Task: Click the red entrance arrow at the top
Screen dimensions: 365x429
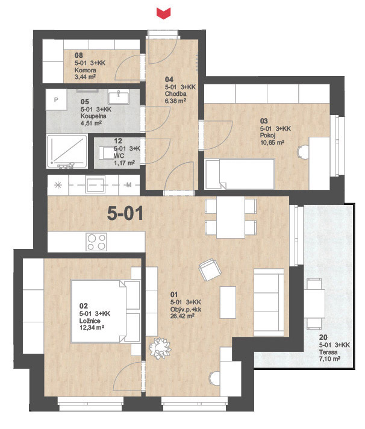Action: click(163, 13)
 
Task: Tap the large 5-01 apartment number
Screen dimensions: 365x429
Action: click(125, 213)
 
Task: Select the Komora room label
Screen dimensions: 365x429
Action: click(86, 70)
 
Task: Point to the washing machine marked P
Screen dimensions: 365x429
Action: click(57, 99)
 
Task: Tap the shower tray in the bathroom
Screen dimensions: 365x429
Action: click(67, 151)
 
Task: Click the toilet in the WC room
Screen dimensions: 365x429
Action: click(105, 153)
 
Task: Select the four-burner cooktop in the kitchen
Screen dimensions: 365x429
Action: click(96, 242)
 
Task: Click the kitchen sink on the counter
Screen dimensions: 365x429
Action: click(95, 184)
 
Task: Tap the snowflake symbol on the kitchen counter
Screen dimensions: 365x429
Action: click(58, 185)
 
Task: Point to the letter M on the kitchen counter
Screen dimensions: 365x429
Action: click(129, 185)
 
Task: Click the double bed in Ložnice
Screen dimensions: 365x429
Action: click(105, 312)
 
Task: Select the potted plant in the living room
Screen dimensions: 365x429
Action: click(160, 348)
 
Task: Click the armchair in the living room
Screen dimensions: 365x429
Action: click(210, 270)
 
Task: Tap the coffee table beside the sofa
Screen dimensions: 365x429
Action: click(228, 302)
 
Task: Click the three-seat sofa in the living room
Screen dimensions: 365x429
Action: click(269, 302)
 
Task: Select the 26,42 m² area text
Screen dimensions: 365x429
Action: click(182, 316)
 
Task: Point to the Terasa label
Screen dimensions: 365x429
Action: click(328, 352)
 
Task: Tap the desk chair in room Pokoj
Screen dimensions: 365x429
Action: click(303, 152)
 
